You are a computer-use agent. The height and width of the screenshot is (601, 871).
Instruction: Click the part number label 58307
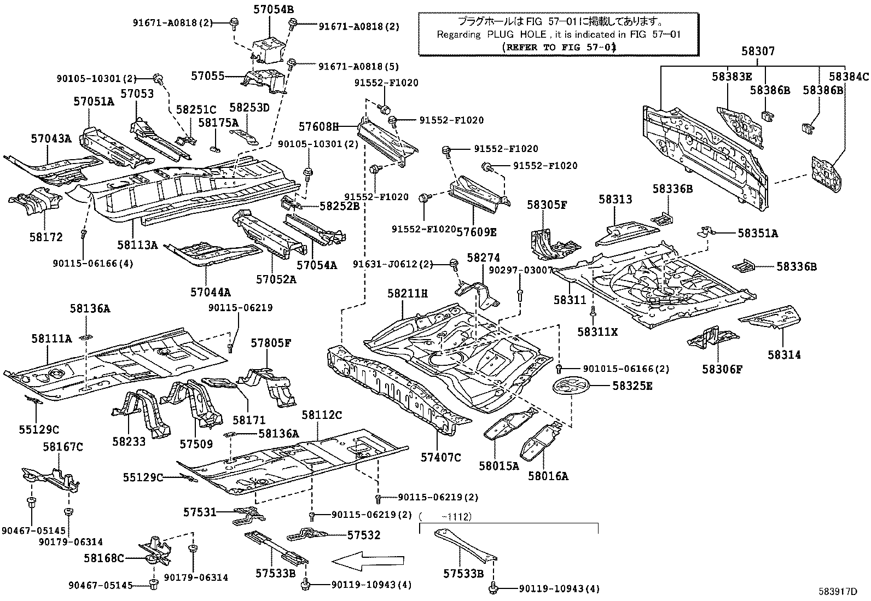tap(758, 51)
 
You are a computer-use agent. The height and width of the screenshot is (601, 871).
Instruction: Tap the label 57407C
tap(441, 457)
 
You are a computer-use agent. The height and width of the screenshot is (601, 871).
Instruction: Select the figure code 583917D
tap(838, 591)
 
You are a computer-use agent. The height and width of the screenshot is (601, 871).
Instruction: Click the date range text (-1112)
tap(446, 516)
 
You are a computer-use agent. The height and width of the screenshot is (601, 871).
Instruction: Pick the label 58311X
tap(598, 331)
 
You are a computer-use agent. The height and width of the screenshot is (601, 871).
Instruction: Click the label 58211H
tap(408, 294)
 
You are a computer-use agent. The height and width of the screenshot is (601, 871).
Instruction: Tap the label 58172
tap(47, 237)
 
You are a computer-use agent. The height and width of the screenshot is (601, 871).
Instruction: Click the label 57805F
tap(271, 343)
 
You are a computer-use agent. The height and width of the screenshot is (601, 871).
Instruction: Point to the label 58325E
tap(632, 386)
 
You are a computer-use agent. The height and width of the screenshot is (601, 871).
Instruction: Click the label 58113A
tap(137, 246)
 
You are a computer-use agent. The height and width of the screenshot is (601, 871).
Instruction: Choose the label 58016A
tap(548, 476)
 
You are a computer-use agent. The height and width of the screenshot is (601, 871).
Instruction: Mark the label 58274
tap(484, 257)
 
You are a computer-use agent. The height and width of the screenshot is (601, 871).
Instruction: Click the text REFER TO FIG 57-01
tap(559, 47)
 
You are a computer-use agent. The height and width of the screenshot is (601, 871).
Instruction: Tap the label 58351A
tap(757, 234)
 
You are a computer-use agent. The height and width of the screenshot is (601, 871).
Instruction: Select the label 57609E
tap(477, 232)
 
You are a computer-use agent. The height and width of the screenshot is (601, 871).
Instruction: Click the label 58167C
tap(62, 447)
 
